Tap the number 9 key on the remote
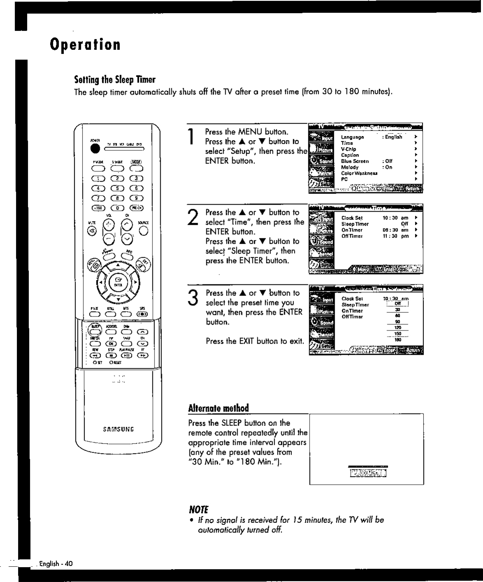pos(136,198)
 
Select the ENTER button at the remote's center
pos(118,282)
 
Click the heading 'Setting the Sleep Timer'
pos(115,79)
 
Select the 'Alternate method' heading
pos(218,408)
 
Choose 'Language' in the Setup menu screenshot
pos(352,137)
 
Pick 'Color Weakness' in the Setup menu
pos(359,173)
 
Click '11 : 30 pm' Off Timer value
pos(396,236)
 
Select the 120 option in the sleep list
pos(397,328)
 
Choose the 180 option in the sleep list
pos(397,340)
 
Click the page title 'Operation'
pos(85,44)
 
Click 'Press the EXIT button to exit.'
pos(255,341)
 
